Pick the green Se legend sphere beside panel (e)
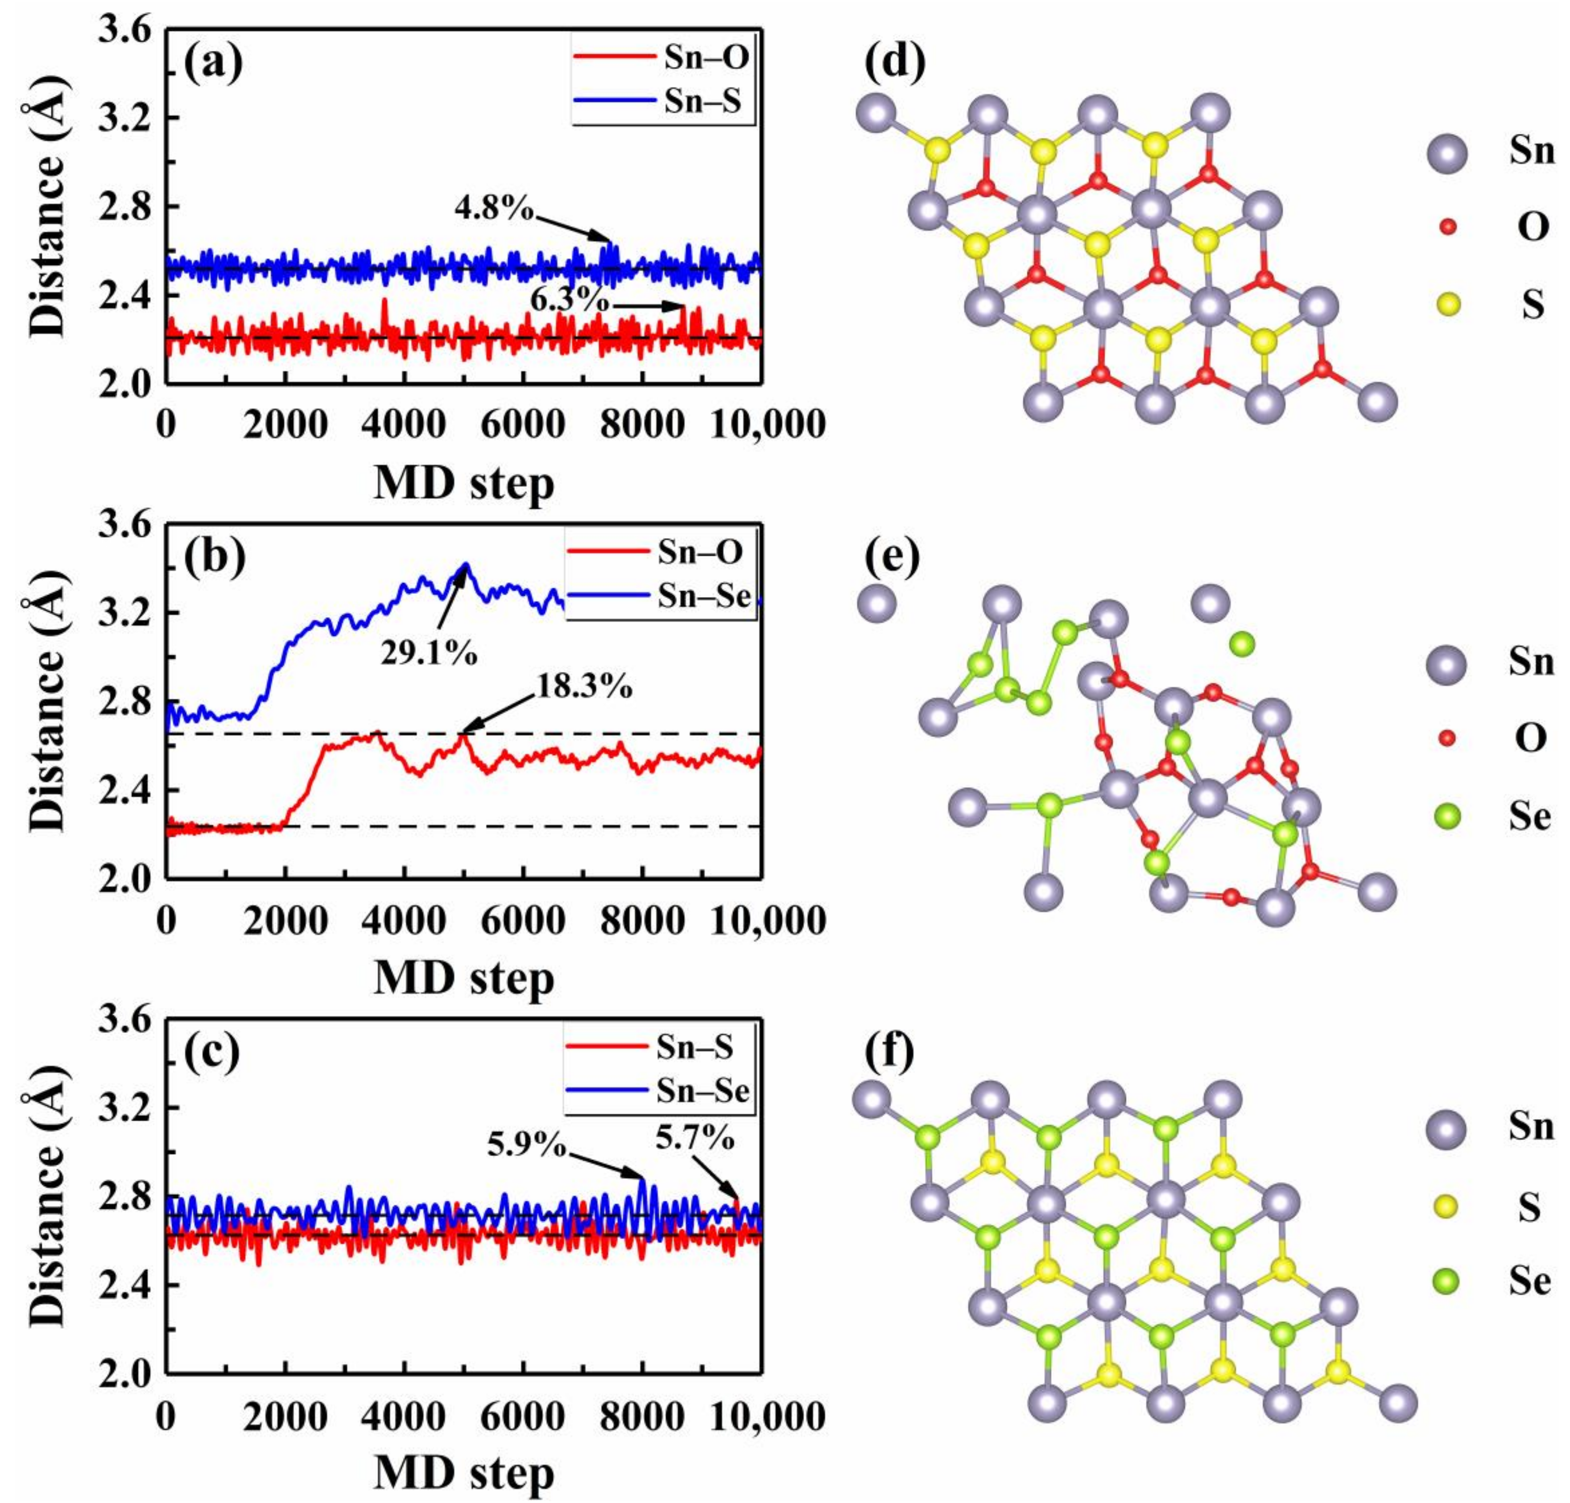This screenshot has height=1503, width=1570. [1446, 817]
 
